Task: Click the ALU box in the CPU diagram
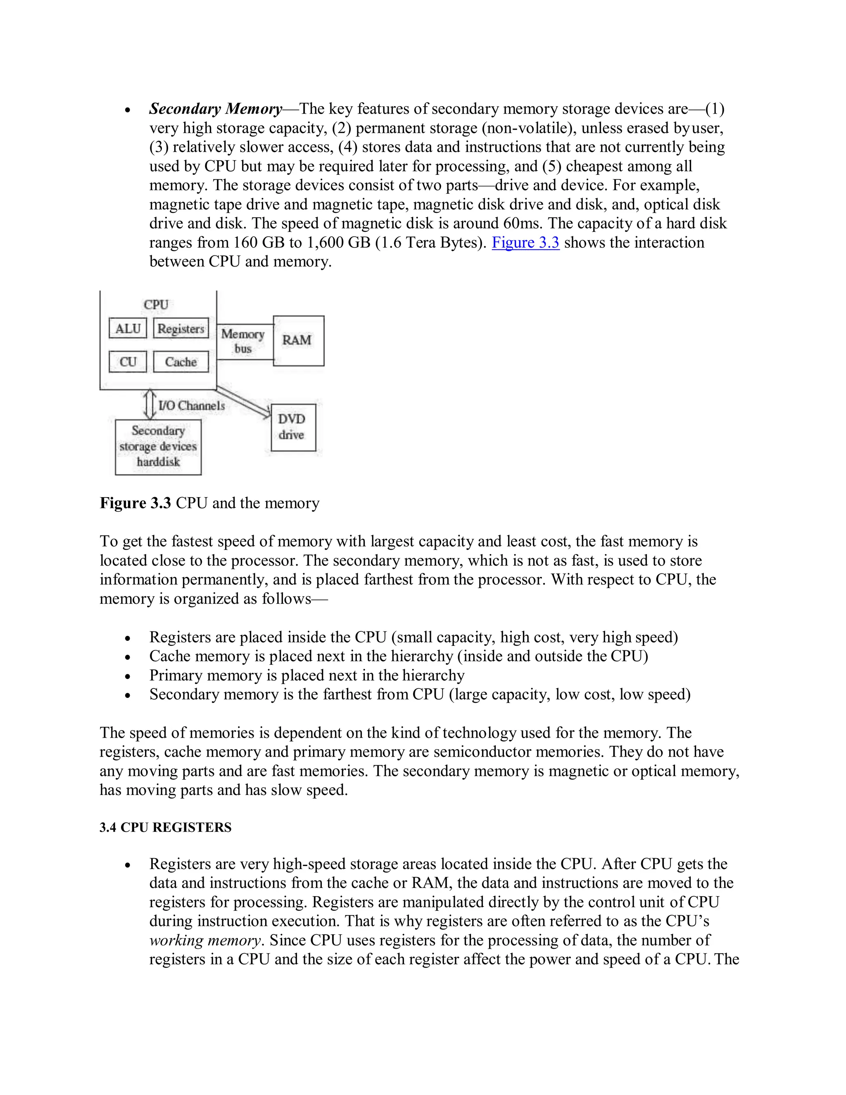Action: [x=128, y=328]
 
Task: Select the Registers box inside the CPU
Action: [x=181, y=328]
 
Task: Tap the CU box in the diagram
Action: [x=128, y=362]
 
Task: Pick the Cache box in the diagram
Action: [x=181, y=362]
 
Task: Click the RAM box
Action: [x=298, y=340]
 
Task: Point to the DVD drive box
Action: [x=293, y=427]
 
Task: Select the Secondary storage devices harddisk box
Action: [x=158, y=447]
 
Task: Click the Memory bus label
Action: [x=243, y=341]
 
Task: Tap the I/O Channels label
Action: [x=191, y=406]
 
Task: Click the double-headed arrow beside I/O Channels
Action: [x=149, y=405]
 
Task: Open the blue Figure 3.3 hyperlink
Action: [x=525, y=243]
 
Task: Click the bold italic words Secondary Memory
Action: [x=216, y=109]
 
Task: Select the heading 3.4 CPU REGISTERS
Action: [x=165, y=827]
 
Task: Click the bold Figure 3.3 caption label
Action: [x=135, y=503]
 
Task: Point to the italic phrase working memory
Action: [x=205, y=940]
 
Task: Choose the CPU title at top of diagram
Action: [x=156, y=305]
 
